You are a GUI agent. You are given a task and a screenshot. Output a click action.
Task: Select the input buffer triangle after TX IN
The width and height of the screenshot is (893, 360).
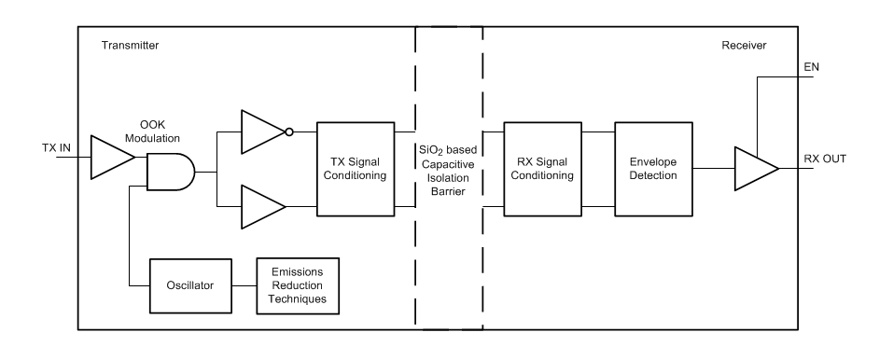point(109,156)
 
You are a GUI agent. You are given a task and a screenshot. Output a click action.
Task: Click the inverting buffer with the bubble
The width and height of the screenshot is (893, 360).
point(261,132)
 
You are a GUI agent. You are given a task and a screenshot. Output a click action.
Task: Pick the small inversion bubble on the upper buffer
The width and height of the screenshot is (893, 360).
point(289,132)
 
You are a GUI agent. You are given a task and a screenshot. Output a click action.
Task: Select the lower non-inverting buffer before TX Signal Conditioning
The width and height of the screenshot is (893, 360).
point(261,207)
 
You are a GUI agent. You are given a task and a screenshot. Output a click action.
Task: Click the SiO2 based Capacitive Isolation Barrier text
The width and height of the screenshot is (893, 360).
point(448,168)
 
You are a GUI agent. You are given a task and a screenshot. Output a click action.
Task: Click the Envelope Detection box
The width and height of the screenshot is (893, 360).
point(652,169)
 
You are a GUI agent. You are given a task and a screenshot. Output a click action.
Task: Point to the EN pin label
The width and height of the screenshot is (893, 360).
point(811,67)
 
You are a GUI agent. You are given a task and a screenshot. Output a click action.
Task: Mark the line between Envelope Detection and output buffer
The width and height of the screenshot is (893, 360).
point(710,169)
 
